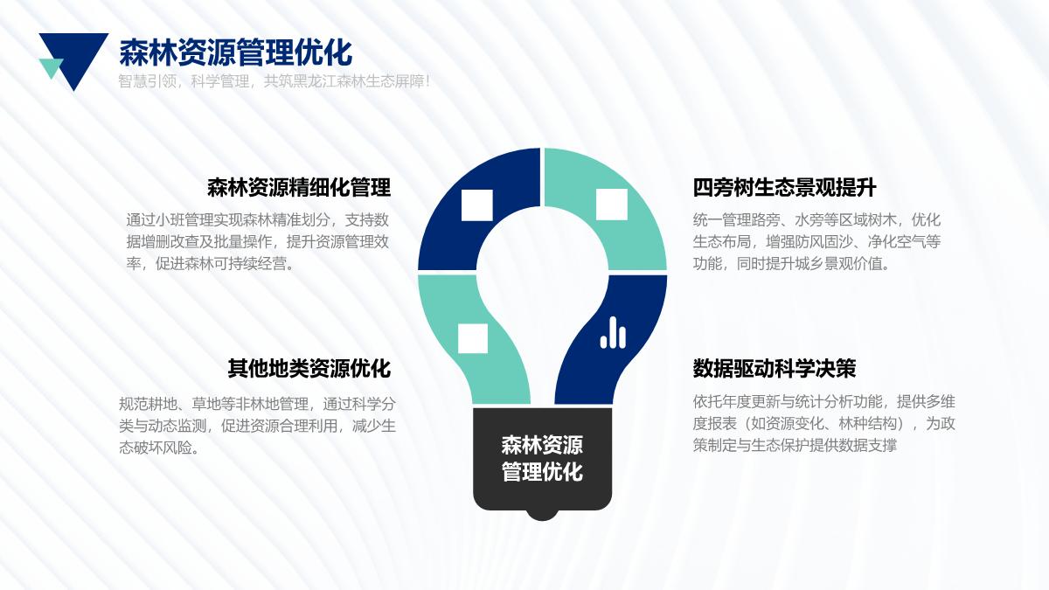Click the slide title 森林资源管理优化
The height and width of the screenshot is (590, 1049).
point(235,53)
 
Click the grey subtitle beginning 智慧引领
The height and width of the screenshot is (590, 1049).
point(274,81)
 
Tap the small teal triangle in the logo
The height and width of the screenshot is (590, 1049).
point(51,67)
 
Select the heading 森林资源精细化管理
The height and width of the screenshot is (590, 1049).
point(299,187)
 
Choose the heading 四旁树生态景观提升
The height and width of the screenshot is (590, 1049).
point(784,187)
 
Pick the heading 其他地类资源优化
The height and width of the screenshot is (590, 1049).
point(309,368)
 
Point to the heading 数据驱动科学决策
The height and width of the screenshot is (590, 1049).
point(775,368)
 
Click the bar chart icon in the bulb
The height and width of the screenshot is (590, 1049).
point(613,332)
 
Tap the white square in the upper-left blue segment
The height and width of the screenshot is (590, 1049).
point(477,205)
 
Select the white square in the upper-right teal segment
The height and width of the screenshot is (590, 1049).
point(612,205)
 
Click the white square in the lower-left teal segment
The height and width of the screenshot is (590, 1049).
point(473,338)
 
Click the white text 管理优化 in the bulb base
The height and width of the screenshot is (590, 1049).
point(542,471)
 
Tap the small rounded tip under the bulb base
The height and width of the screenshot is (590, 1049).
point(542,515)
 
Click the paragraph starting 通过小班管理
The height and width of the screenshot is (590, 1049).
point(258,241)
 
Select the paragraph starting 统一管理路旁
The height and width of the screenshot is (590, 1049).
point(816,241)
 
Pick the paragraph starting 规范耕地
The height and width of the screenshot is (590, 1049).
point(258,426)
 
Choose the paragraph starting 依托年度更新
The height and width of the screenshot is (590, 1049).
point(823,424)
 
